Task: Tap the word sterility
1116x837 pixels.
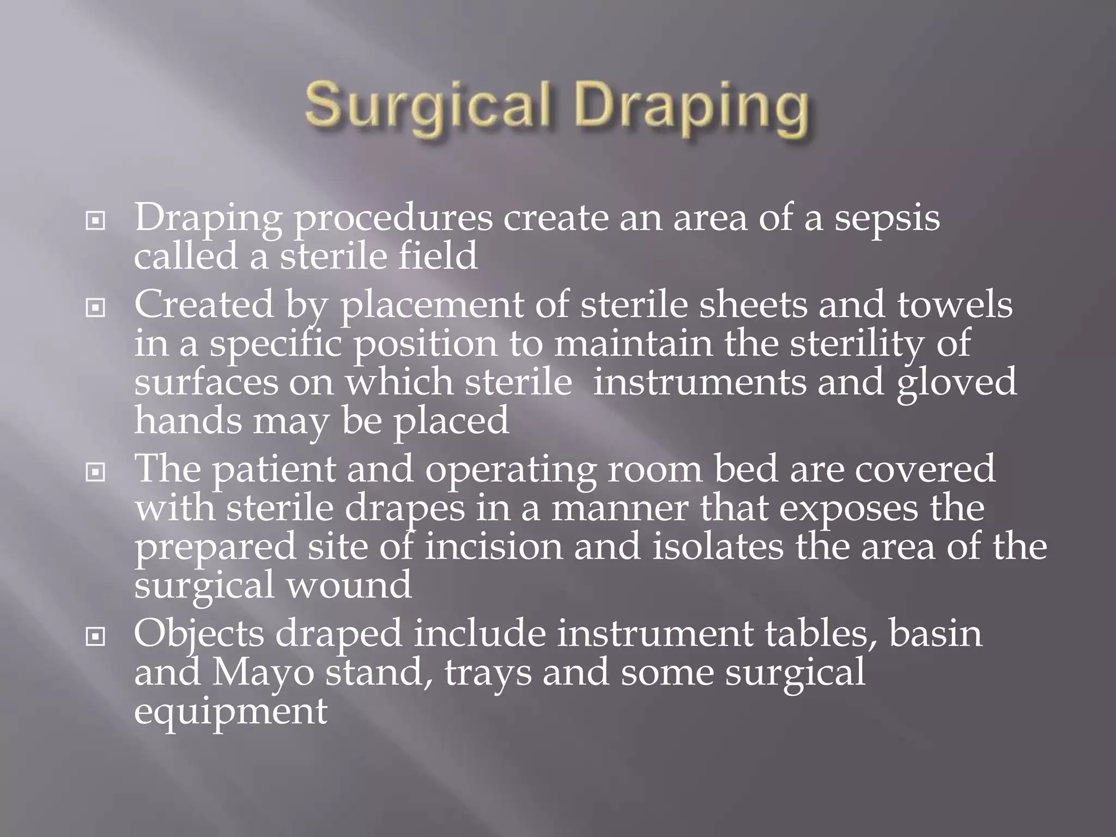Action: point(857,344)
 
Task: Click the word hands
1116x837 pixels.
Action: point(188,420)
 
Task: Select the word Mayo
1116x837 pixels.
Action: point(263,674)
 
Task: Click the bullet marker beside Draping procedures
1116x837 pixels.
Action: point(95,221)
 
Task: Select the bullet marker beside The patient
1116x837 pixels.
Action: point(95,472)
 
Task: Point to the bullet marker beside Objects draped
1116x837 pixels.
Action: point(95,636)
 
